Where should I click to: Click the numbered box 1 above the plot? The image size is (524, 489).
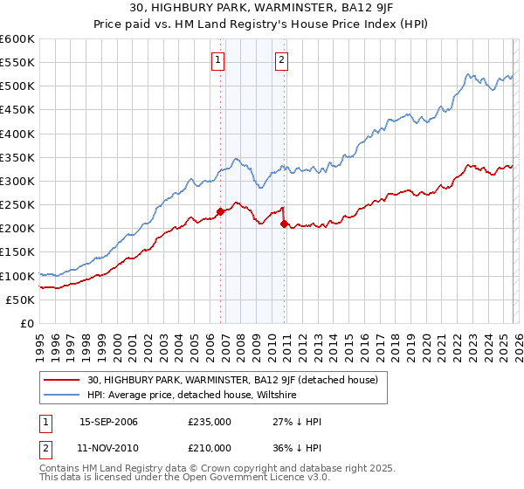[218, 60]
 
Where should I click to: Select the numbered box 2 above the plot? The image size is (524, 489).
[282, 60]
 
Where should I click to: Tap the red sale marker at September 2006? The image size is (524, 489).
[220, 211]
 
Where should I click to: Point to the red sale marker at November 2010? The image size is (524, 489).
[285, 224]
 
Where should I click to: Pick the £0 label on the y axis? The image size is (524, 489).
[26, 323]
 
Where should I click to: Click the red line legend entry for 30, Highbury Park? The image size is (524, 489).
[232, 380]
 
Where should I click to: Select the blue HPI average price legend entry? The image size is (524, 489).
[193, 395]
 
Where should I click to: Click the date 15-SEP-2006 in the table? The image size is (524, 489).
[108, 422]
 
